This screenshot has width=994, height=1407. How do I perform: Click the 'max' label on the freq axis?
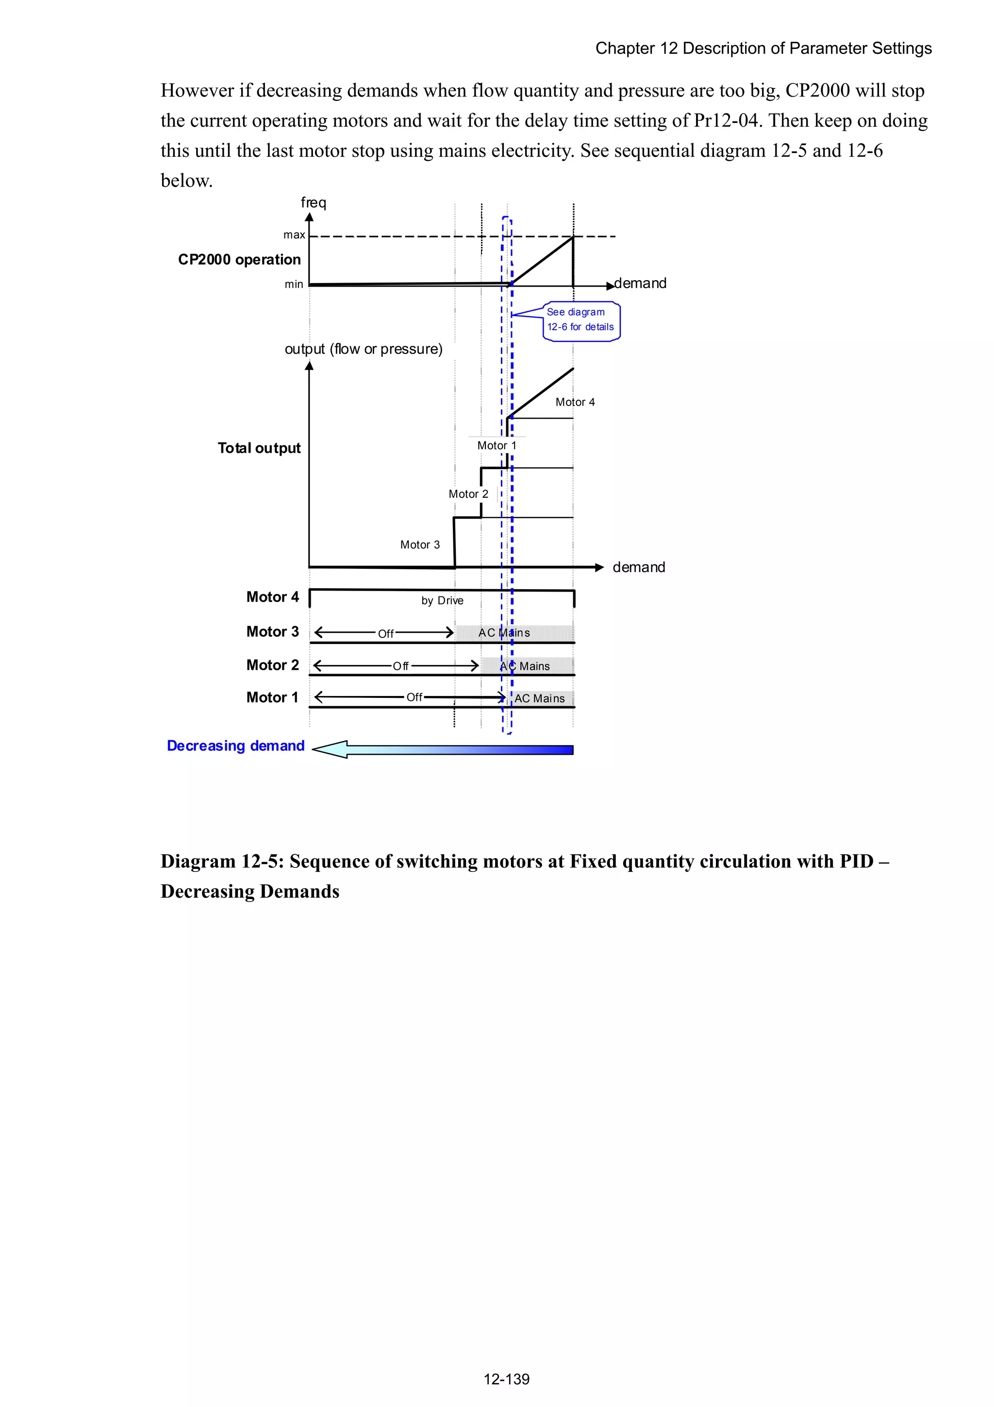tap(294, 235)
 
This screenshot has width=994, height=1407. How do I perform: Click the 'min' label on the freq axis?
tap(294, 284)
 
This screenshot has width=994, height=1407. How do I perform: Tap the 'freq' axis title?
tap(314, 202)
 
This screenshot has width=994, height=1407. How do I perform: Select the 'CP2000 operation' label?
tap(239, 260)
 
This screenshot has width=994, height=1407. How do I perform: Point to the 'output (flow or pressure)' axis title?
tap(363, 349)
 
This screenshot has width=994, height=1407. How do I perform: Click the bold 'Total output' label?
tap(259, 448)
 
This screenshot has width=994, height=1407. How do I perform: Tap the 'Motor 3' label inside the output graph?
tap(419, 545)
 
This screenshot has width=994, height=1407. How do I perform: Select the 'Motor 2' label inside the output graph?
tap(468, 494)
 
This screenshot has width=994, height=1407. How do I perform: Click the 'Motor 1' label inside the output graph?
tap(497, 445)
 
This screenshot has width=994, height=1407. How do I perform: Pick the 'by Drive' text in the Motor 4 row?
tap(442, 601)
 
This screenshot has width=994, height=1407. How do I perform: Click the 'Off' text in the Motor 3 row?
tap(386, 634)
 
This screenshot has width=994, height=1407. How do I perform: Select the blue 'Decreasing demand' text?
tap(236, 746)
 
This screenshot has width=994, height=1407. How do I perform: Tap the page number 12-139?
tap(507, 1379)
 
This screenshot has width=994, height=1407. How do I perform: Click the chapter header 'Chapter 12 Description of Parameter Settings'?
tap(763, 49)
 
